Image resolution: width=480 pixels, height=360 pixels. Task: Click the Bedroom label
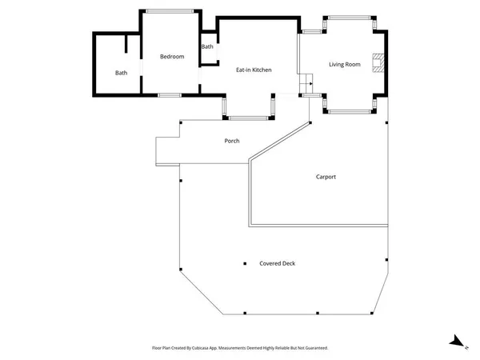(x=172, y=57)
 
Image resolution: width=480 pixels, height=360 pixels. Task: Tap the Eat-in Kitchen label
(x=254, y=70)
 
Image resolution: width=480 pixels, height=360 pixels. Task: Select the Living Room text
(x=345, y=64)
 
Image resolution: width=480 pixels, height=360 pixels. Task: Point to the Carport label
(x=326, y=177)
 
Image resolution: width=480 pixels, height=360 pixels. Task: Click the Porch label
(x=231, y=141)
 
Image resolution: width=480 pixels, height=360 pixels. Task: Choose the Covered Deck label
(x=277, y=263)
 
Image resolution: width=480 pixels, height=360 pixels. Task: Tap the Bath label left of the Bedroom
(x=121, y=73)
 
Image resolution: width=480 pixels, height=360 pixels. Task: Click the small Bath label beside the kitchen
(x=207, y=46)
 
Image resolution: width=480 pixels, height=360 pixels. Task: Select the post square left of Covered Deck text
(x=244, y=264)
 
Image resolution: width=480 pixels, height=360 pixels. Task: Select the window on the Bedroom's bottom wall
(x=170, y=95)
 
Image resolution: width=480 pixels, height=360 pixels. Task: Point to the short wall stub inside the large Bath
(x=126, y=45)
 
